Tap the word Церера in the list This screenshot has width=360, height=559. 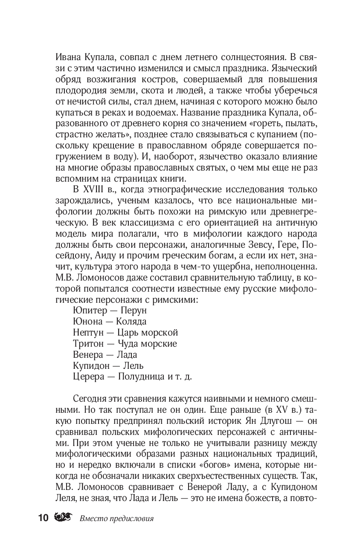pos(87,377)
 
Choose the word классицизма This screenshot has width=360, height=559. pos(123,222)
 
